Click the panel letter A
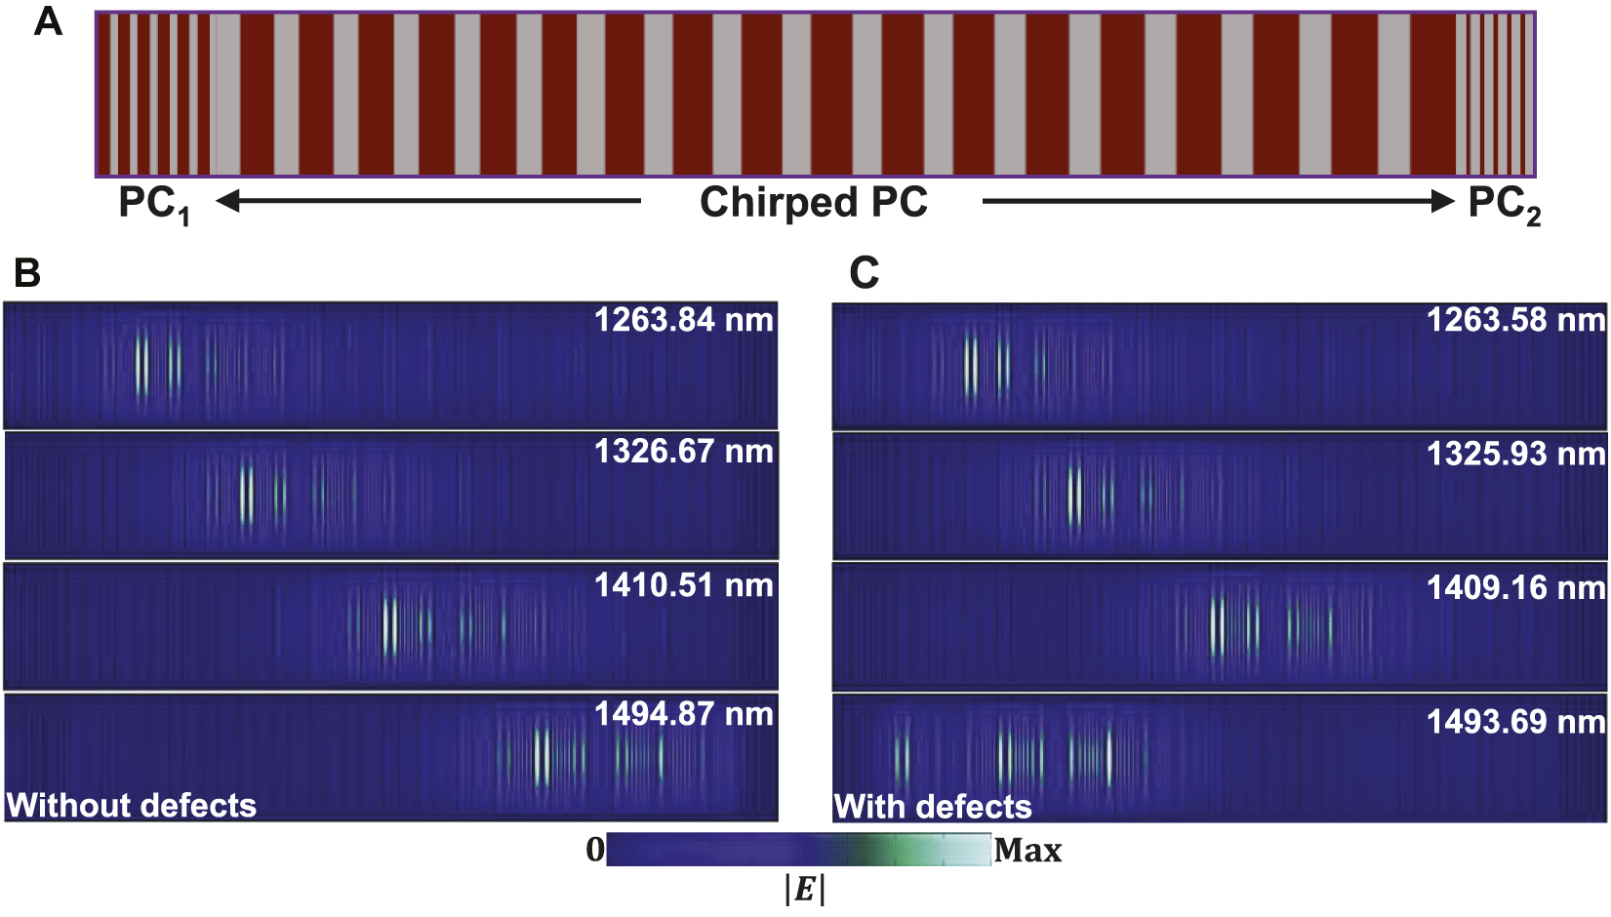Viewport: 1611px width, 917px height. [x=48, y=20]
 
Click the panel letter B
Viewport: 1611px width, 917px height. [x=27, y=272]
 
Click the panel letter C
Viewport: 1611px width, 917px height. [x=864, y=272]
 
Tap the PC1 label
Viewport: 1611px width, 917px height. [x=154, y=205]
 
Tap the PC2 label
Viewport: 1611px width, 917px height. [x=1504, y=205]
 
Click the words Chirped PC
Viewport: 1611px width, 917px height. [x=813, y=202]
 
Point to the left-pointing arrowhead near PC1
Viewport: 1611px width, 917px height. [x=227, y=201]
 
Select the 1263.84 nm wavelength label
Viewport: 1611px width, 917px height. [x=683, y=320]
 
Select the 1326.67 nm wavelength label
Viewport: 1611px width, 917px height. [x=683, y=452]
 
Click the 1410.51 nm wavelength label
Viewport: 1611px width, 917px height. [x=683, y=585]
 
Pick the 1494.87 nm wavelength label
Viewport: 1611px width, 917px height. [x=683, y=714]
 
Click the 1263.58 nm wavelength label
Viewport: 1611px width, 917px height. [x=1515, y=320]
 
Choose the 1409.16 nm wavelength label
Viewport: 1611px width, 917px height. [x=1515, y=587]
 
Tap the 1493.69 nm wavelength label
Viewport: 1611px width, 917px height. [x=1515, y=722]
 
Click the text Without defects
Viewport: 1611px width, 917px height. [x=132, y=806]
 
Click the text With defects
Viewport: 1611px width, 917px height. [x=933, y=807]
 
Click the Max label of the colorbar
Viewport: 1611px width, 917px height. [x=1027, y=851]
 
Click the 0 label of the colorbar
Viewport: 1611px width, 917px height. [x=595, y=850]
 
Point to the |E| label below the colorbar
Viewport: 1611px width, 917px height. [x=805, y=890]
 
